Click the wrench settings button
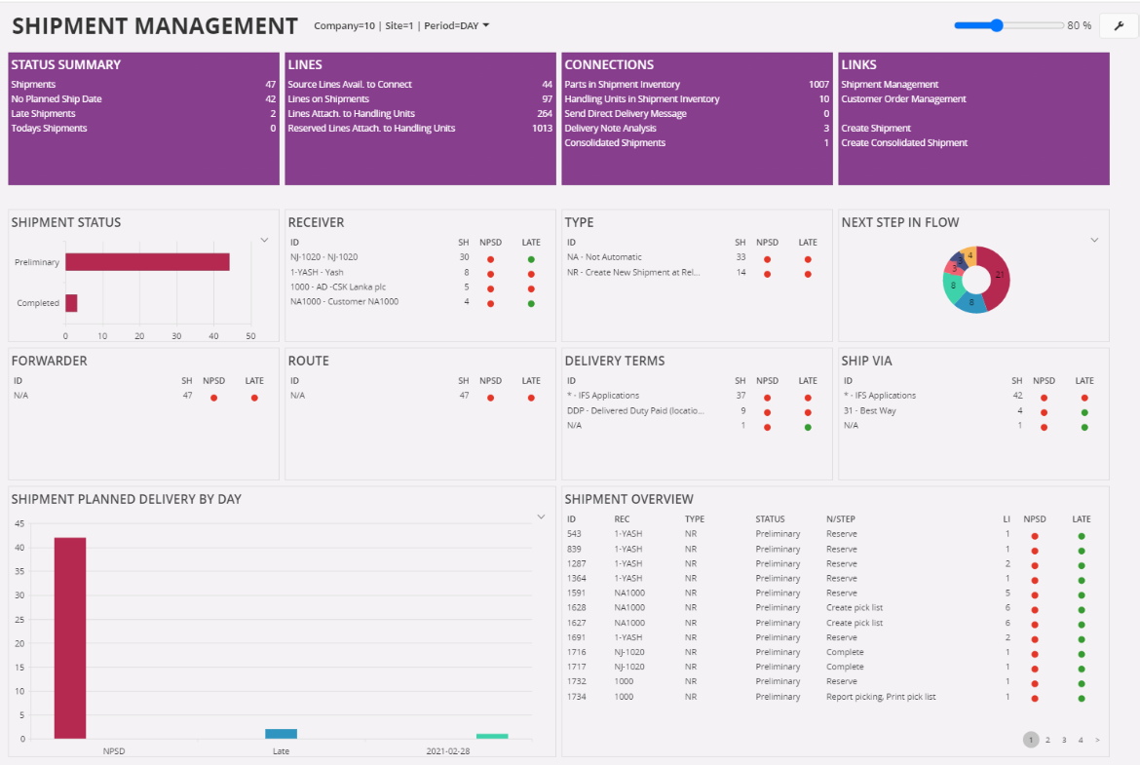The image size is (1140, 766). (x=1119, y=25)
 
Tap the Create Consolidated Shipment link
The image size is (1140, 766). (x=904, y=143)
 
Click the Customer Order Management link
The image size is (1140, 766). (x=903, y=99)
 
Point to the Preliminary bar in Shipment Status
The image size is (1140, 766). (x=146, y=262)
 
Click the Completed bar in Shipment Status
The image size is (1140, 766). (x=71, y=303)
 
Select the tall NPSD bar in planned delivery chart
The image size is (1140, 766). (x=69, y=637)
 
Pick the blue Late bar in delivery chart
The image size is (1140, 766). (x=281, y=734)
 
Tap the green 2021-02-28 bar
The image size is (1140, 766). (x=492, y=736)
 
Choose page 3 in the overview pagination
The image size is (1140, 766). (x=1064, y=741)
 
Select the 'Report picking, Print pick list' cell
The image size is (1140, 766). (x=881, y=697)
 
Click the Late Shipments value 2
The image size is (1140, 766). (x=273, y=114)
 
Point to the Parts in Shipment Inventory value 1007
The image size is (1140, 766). (x=818, y=85)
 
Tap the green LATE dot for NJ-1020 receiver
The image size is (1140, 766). (x=531, y=259)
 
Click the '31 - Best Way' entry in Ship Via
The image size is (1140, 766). (x=870, y=410)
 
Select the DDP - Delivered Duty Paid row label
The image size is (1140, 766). (x=634, y=410)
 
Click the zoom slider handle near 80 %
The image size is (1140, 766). (x=996, y=25)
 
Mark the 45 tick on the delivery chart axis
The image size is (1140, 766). (x=19, y=523)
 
